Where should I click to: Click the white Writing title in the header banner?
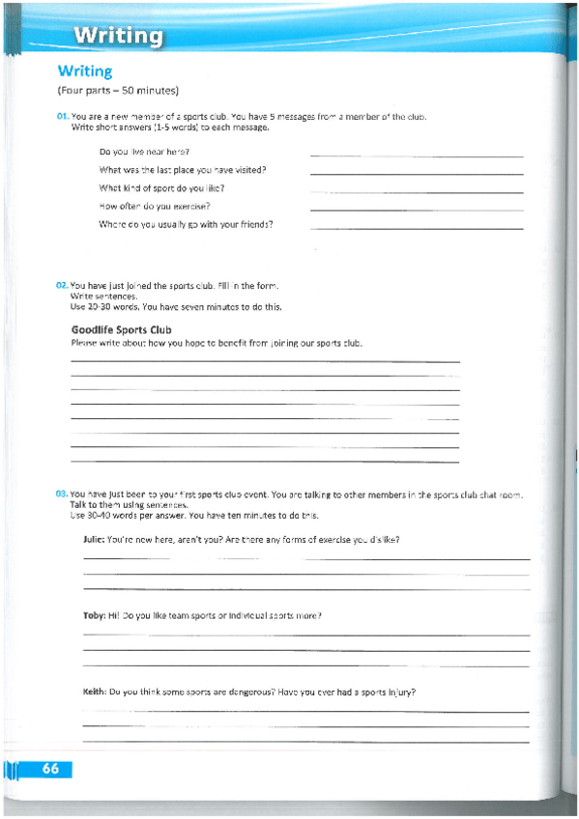[119, 36]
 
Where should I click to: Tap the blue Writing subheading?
[85, 71]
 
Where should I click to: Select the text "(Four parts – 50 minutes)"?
[118, 92]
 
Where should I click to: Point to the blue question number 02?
[62, 286]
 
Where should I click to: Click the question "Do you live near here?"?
[144, 152]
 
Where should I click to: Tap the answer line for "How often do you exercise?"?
[417, 210]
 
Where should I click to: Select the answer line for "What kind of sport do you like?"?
[417, 191]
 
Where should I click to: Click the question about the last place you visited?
[182, 170]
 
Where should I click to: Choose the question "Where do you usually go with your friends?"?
[186, 224]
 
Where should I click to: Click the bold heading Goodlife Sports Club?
[121, 330]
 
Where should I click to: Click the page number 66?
[50, 769]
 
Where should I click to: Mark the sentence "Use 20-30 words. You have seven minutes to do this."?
[176, 307]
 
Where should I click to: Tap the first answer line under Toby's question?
[305, 635]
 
